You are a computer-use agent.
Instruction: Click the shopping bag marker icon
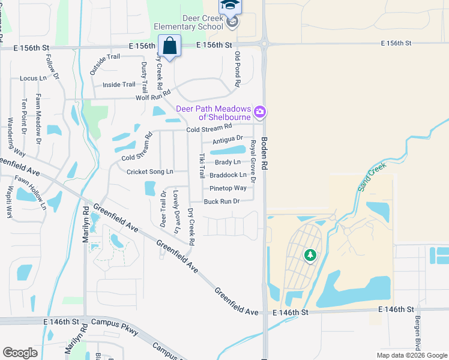(x=170, y=46)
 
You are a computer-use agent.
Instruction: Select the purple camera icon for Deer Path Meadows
(x=260, y=112)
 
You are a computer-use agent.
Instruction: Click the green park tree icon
(x=310, y=256)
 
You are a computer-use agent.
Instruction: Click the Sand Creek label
(x=373, y=176)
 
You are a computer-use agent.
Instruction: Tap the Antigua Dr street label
(x=227, y=139)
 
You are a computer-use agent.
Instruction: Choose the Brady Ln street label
(x=228, y=162)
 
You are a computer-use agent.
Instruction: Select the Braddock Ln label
(x=228, y=175)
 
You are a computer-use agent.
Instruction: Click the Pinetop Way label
(x=228, y=188)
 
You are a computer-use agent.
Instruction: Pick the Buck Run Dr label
(x=221, y=201)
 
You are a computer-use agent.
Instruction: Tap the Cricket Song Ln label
(x=149, y=172)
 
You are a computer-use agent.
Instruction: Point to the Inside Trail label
(x=119, y=85)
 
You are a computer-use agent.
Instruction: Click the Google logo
(x=20, y=353)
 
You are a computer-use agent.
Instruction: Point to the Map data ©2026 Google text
(x=412, y=355)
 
